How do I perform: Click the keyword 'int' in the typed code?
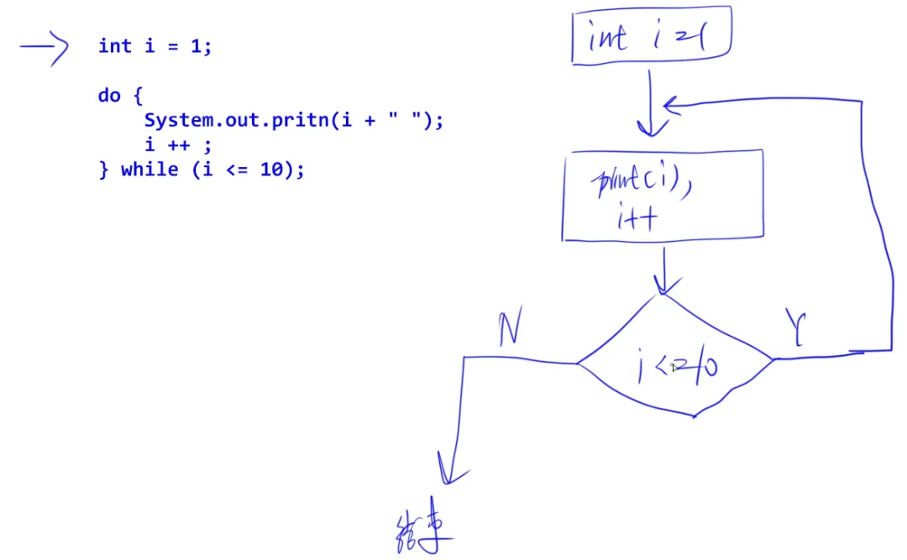115,46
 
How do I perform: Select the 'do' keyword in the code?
109,96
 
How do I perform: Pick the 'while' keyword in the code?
149,170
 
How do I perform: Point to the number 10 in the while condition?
271,170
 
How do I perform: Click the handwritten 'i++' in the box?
636,220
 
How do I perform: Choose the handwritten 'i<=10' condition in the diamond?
677,368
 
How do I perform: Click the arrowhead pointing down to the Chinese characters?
447,470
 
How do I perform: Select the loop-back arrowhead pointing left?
669,105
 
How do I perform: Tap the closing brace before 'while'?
104,170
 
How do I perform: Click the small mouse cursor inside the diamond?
674,366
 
